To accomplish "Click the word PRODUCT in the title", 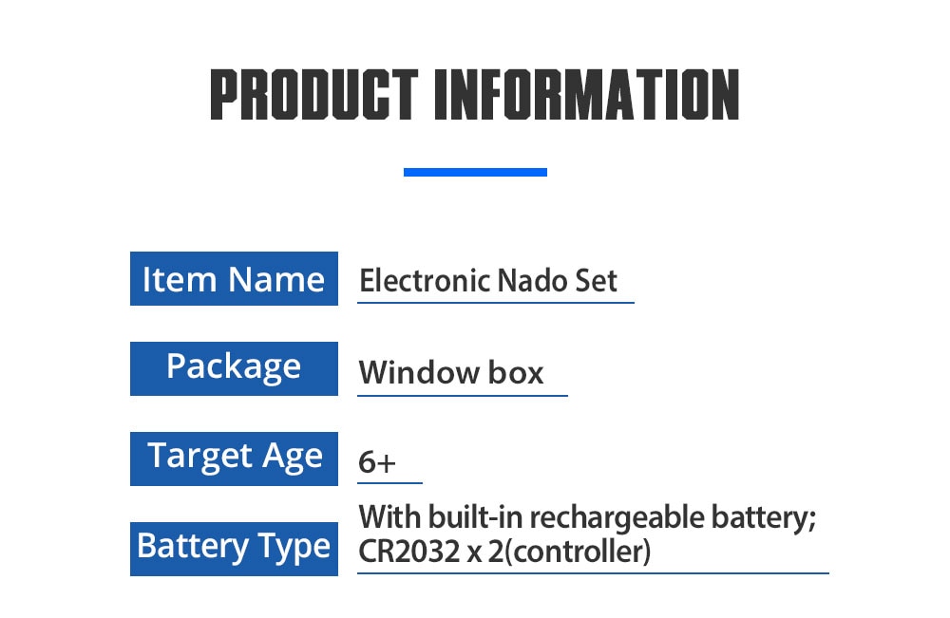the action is [x=313, y=94].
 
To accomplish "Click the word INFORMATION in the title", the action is [x=587, y=94].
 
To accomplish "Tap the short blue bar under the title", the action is [x=475, y=173].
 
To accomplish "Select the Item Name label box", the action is [x=234, y=278].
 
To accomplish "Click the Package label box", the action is [x=234, y=368].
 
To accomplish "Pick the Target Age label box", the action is [x=234, y=459].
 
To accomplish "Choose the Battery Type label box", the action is [x=234, y=549].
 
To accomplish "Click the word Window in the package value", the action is [x=419, y=372].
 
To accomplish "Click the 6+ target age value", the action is [x=377, y=462].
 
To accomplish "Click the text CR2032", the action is [x=408, y=552].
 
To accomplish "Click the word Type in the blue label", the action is [x=294, y=547].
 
